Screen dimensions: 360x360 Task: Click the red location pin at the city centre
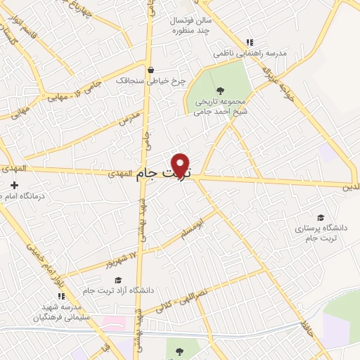tap(181, 165)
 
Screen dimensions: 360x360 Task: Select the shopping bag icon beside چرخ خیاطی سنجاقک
tap(150, 70)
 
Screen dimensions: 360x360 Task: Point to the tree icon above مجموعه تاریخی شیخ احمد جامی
tap(221, 90)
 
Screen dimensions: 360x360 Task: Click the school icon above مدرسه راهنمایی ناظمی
tap(250, 42)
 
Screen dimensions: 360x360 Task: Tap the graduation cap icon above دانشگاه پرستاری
tap(321, 217)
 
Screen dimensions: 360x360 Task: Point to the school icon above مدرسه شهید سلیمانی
tap(59, 297)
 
